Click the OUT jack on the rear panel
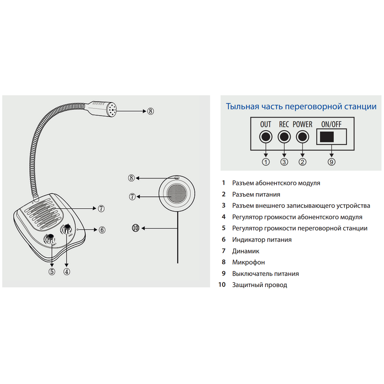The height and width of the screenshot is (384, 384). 266,137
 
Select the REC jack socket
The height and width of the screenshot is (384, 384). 284,137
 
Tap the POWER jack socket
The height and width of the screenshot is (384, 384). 302,137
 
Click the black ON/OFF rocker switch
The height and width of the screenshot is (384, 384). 327,137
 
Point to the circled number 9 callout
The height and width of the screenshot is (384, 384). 332,162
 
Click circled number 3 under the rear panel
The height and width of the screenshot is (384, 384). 284,162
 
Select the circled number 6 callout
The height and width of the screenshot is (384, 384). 102,230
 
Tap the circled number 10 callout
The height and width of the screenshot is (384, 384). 136,228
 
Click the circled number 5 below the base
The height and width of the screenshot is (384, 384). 52,272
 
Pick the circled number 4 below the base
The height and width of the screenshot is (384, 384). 67,272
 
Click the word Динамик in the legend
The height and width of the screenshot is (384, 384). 245,251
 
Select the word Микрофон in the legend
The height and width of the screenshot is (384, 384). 248,262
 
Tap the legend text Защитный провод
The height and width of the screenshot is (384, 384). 260,285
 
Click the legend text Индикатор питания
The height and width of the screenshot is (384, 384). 262,240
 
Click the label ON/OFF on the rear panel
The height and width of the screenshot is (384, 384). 331,124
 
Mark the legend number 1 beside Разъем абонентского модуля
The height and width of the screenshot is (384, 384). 224,183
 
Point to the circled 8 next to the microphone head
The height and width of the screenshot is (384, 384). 150,111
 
